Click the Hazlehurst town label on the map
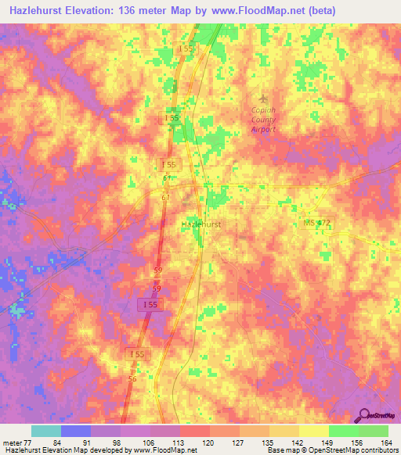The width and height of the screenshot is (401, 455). [x=200, y=224]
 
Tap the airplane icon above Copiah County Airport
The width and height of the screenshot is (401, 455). [x=263, y=98]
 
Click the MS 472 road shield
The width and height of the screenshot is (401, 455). [x=317, y=223]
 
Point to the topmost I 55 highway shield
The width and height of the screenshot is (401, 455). [x=185, y=48]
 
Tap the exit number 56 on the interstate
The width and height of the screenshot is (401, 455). [x=131, y=378]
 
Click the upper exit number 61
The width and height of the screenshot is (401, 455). [x=167, y=179]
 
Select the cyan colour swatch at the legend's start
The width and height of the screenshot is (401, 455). [x=45, y=431]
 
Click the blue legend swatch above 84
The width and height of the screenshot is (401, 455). [x=75, y=431]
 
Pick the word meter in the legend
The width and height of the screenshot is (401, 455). [x=10, y=442]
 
